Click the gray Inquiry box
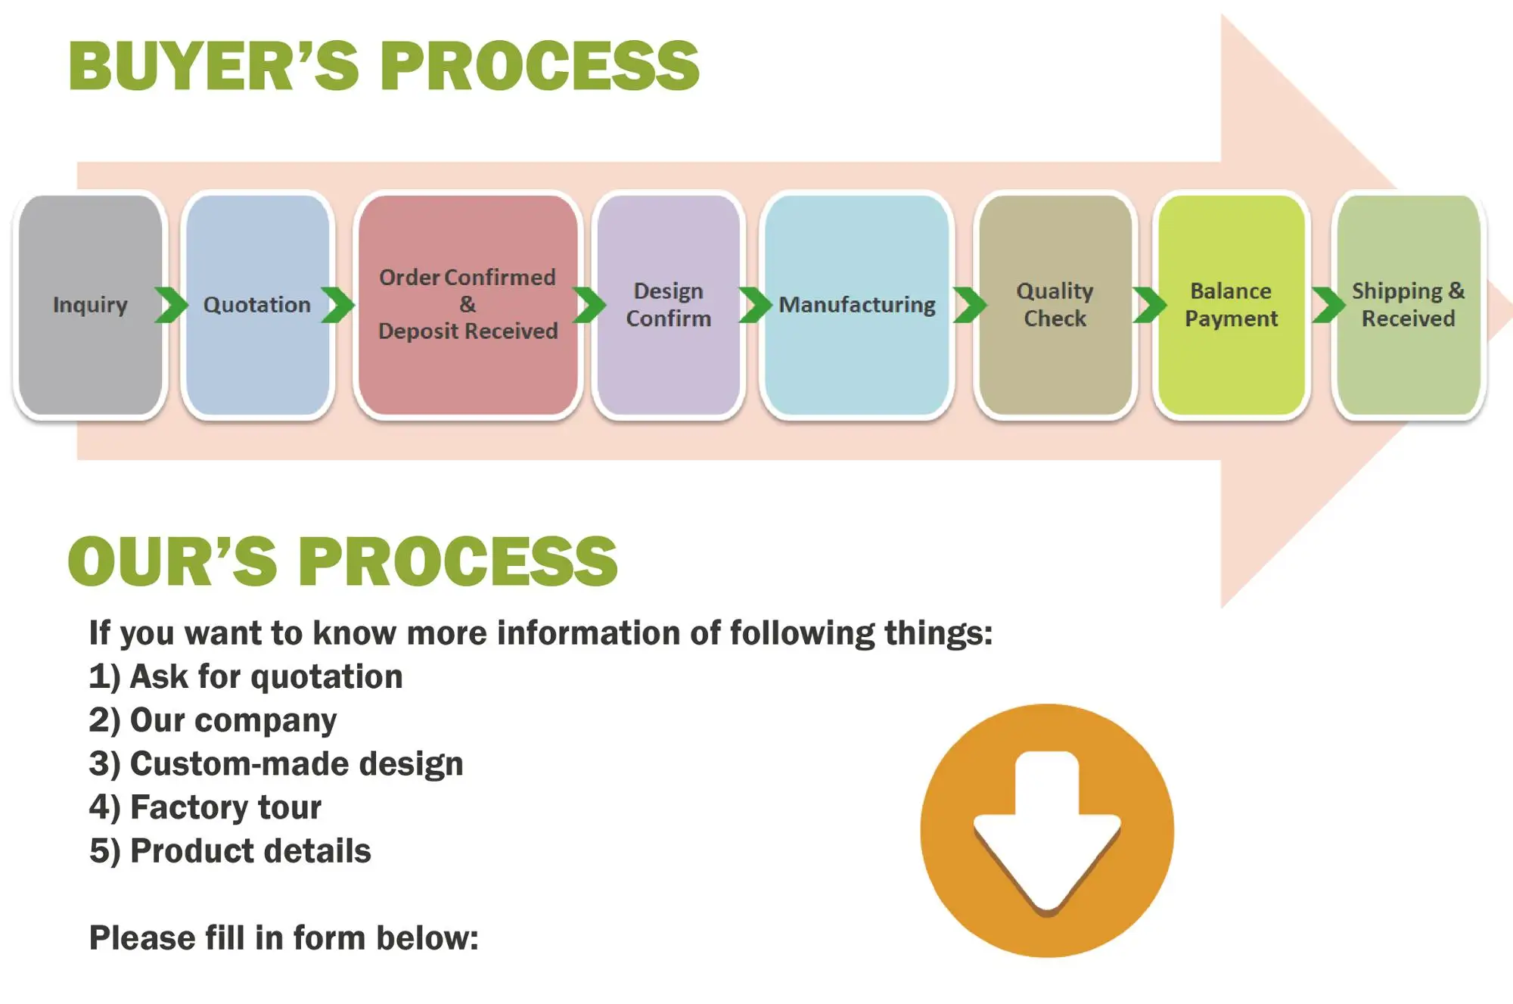tap(90, 305)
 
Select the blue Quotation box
tap(257, 305)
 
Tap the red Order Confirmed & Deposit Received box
tap(468, 305)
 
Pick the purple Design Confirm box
tap(668, 305)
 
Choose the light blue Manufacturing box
tap(857, 305)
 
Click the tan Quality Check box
tap(1055, 305)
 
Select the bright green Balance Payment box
tap(1231, 305)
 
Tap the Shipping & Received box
tap(1408, 305)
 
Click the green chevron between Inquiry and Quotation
tap(171, 305)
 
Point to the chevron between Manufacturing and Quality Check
tap(970, 305)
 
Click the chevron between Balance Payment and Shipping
tap(1328, 305)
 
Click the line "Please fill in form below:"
tap(284, 938)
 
